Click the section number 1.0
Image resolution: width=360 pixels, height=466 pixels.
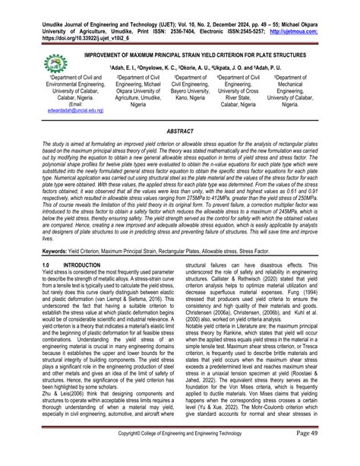pos(48,264)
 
